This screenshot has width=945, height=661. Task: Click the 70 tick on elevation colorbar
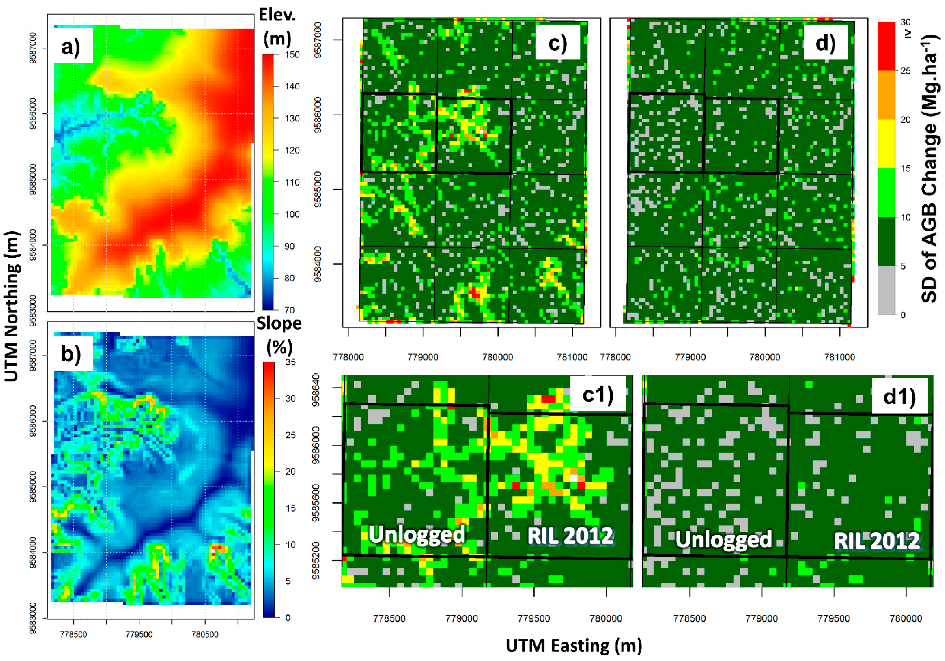(289, 310)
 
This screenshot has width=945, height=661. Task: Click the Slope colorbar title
(279, 335)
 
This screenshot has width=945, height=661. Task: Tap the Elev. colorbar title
(277, 27)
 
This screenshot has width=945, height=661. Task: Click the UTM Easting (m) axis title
(574, 645)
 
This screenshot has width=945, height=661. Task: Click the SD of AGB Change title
(929, 169)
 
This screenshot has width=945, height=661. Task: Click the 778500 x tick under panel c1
(389, 618)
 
